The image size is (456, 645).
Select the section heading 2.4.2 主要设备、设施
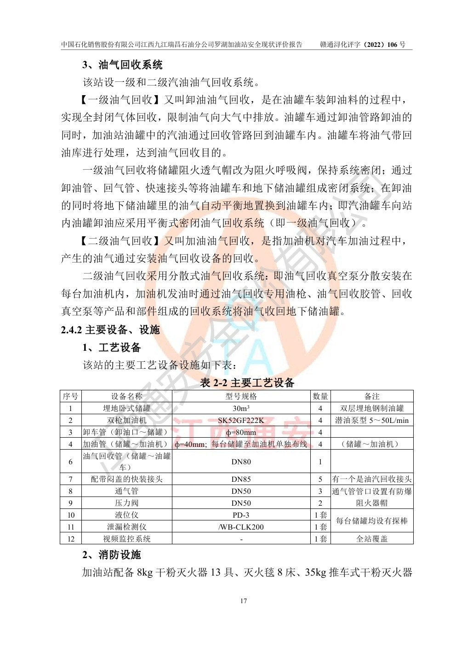[110, 330]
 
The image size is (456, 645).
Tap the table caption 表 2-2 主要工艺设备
[247, 382]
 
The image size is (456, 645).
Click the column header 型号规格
[241, 396]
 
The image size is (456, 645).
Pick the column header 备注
[372, 396]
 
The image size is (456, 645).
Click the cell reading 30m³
[241, 408]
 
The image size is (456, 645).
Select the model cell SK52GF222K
[241, 420]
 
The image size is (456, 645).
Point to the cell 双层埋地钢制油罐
[372, 408]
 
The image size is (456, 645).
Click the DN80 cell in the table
[241, 462]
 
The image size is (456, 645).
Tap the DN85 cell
[241, 479]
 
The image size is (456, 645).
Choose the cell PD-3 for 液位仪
[241, 515]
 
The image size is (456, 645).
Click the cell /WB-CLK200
[241, 527]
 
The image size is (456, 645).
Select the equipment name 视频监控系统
[126, 539]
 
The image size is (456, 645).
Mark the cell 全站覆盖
[372, 539]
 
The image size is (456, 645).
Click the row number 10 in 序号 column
[71, 515]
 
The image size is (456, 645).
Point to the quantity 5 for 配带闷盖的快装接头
[320, 479]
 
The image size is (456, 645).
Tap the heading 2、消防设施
[112, 555]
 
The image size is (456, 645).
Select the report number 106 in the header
[392, 45]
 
